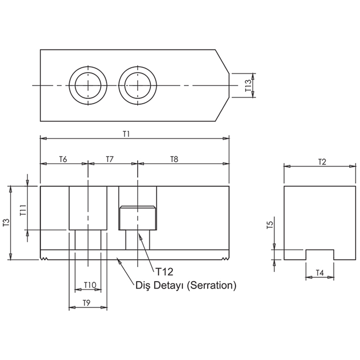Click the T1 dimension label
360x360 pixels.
point(126,134)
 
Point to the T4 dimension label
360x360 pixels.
point(319,273)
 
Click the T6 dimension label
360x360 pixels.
point(63,159)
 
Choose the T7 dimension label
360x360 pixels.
point(110,159)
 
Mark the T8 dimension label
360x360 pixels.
point(174,159)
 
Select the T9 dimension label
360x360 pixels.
point(88,303)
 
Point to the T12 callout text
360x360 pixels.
point(164,271)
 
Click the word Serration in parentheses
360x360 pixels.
point(211,285)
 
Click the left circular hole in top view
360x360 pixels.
point(88,85)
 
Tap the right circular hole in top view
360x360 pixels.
point(138,85)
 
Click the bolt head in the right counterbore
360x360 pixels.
point(138,218)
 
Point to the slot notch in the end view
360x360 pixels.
point(319,255)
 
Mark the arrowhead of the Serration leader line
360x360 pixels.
point(118,259)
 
